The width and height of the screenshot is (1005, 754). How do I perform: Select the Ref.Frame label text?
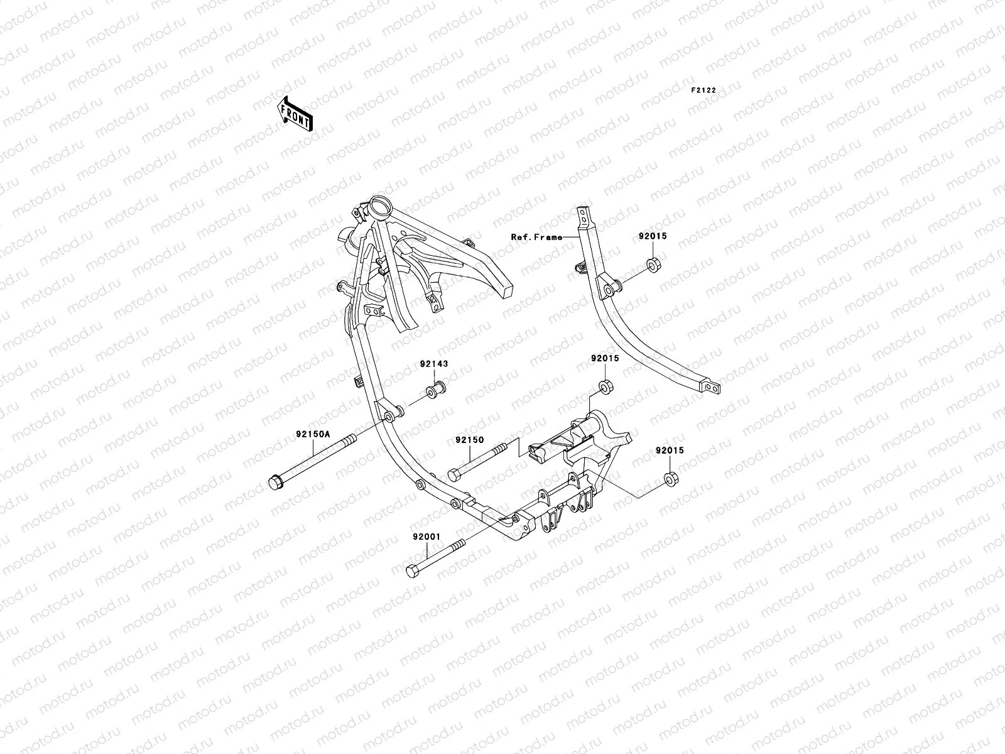(536, 238)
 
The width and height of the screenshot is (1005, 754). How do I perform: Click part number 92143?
(434, 364)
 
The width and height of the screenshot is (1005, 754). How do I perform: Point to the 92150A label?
(311, 434)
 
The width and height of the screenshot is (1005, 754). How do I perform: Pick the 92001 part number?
(428, 537)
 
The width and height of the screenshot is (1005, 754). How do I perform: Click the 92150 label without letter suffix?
(470, 440)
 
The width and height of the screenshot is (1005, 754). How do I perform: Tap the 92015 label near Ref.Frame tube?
(653, 237)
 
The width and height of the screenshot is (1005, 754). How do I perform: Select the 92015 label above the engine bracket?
(604, 359)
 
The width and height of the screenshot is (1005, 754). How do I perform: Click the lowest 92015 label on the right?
(670, 451)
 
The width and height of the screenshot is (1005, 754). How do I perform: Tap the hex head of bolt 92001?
(413, 571)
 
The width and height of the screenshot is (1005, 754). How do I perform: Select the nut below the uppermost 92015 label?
(653, 264)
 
